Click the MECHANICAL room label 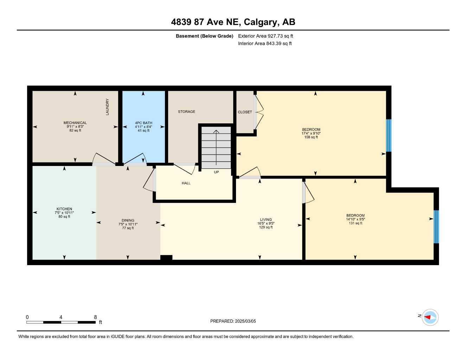click(x=75, y=123)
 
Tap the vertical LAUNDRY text click(x=107, y=107)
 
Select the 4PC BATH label click(x=143, y=123)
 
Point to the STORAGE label click(x=186, y=111)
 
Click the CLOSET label click(x=245, y=112)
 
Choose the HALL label click(x=186, y=183)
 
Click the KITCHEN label click(x=64, y=209)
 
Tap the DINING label click(x=128, y=220)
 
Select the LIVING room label click(x=266, y=220)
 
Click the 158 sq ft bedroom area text click(x=311, y=137)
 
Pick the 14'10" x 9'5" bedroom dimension click(x=355, y=219)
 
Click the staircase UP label click(x=216, y=172)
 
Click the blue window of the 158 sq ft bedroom click(x=389, y=135)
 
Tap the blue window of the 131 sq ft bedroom click(x=436, y=227)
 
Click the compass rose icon click(x=430, y=317)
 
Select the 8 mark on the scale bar click(x=95, y=317)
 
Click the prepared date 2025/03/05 click(x=245, y=321)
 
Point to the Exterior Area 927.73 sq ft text click(x=266, y=36)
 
